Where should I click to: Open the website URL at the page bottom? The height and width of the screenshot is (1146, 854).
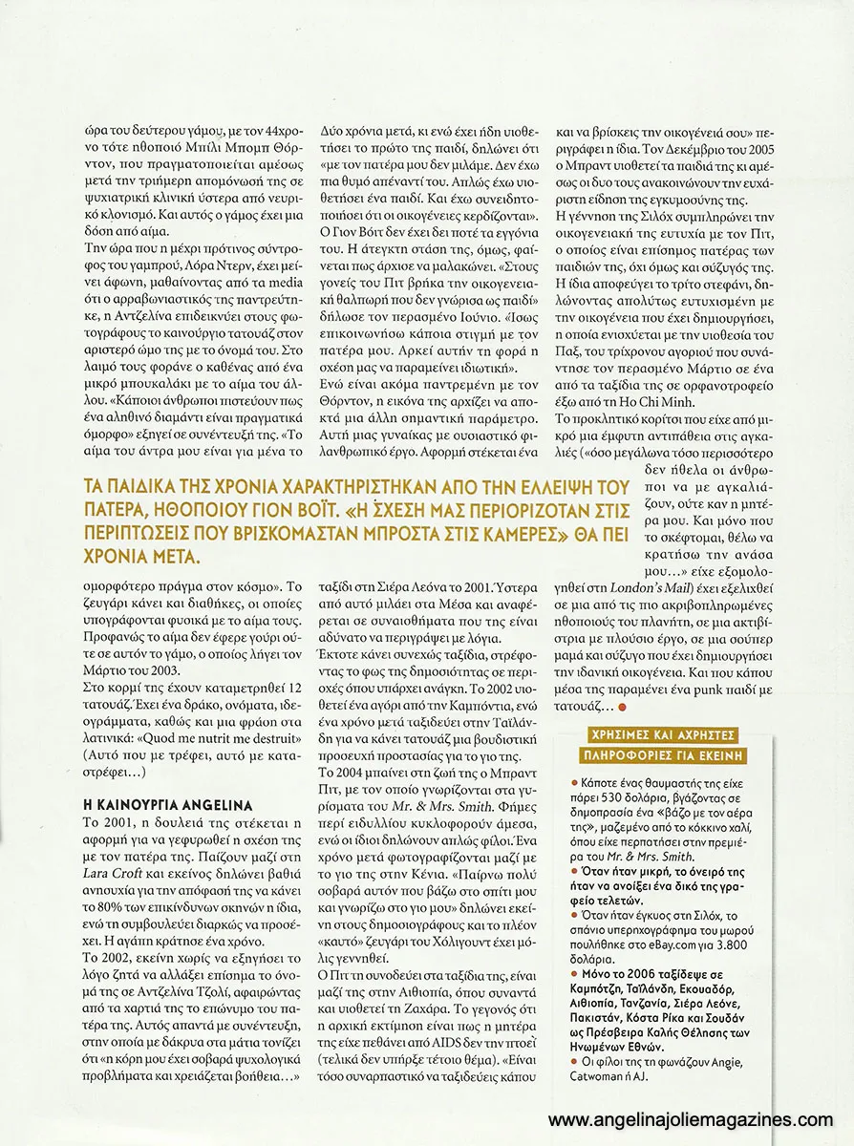(x=698, y=1119)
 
